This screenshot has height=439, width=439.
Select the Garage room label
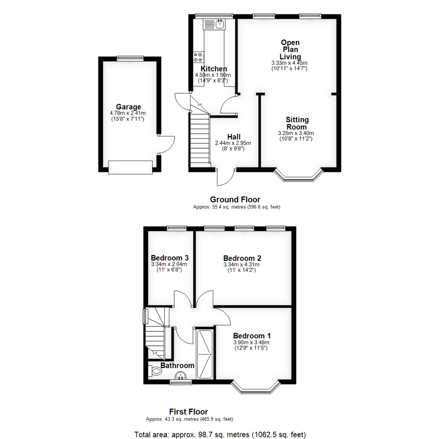[128, 107]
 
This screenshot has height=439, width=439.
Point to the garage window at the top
[130, 58]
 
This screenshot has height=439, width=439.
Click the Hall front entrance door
[225, 178]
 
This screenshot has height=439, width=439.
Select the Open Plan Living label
[290, 49]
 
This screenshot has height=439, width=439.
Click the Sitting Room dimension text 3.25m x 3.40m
[296, 133]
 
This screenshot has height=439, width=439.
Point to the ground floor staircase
[199, 139]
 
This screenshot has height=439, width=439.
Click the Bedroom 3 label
[170, 258]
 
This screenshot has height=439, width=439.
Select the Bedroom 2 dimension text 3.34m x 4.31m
[241, 265]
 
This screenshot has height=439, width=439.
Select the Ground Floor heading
[235, 200]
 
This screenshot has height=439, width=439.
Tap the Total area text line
[220, 434]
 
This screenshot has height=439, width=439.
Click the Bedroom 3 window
[176, 228]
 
